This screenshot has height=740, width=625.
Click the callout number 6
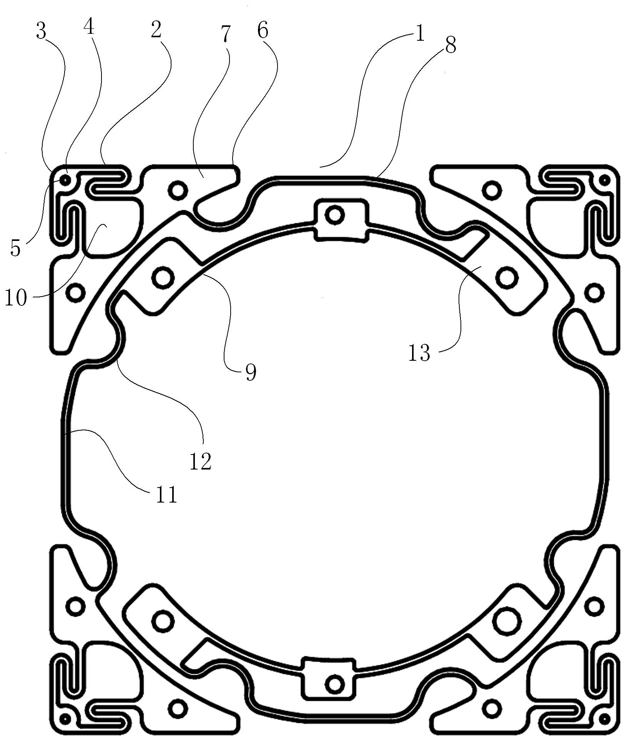point(263,31)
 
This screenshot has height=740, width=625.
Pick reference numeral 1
point(419,34)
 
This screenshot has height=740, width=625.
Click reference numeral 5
point(15,248)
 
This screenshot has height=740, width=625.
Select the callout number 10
point(16,297)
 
